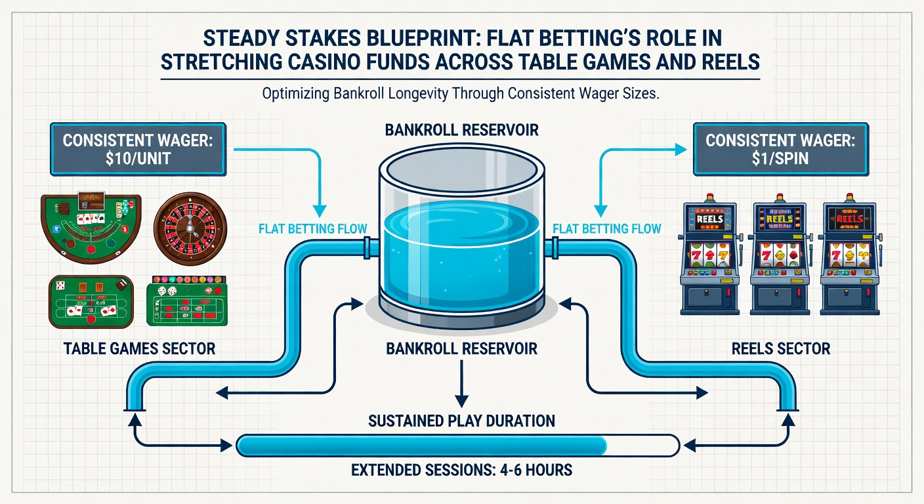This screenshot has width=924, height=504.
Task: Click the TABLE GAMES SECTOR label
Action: click(139, 348)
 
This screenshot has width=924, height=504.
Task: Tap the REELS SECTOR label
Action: click(781, 348)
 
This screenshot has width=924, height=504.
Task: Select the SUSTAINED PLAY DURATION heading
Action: click(461, 420)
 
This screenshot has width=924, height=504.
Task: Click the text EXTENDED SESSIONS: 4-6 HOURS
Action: click(461, 470)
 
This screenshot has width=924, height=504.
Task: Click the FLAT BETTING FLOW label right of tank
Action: click(607, 228)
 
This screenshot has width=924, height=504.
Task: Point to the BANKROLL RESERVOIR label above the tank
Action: click(462, 129)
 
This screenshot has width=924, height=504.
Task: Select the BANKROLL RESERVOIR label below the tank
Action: click(462, 348)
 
